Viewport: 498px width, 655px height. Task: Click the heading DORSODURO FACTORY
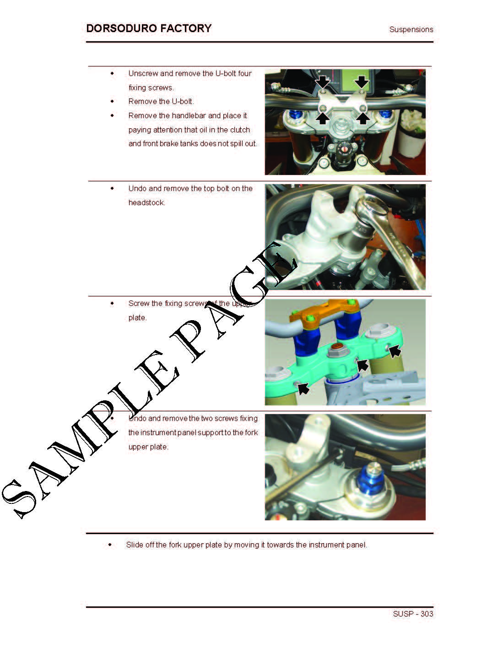pyautogui.click(x=149, y=28)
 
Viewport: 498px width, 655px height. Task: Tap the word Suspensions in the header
pyautogui.click(x=411, y=29)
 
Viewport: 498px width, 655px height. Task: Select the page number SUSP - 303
pyautogui.click(x=413, y=614)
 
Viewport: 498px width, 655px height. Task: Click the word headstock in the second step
pyautogui.click(x=146, y=202)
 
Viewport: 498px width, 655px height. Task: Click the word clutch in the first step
pyautogui.click(x=240, y=130)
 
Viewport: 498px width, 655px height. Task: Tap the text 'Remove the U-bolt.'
pyautogui.click(x=161, y=102)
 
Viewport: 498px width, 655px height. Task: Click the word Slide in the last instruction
pyautogui.click(x=135, y=545)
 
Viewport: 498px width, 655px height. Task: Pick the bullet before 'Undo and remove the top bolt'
pyautogui.click(x=112, y=188)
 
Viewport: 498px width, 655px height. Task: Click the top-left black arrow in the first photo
pyautogui.click(x=323, y=82)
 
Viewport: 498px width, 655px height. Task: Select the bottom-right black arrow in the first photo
pyautogui.click(x=363, y=118)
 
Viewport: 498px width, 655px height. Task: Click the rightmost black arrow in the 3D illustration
pyautogui.click(x=395, y=350)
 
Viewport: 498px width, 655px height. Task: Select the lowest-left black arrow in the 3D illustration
pyautogui.click(x=303, y=388)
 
